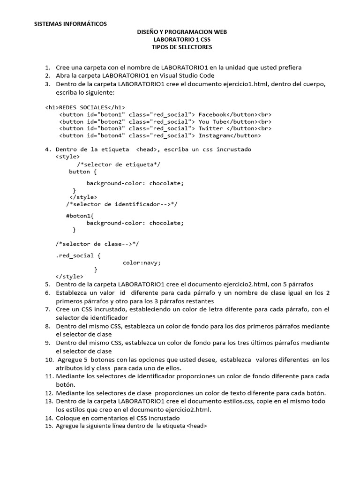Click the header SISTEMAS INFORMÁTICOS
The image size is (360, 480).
click(x=71, y=23)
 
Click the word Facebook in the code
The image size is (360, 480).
click(x=213, y=114)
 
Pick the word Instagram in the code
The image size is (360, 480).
click(x=214, y=135)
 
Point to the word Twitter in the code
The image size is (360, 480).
click(x=211, y=128)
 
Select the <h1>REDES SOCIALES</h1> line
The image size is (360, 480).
click(x=85, y=107)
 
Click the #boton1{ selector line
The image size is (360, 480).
click(x=80, y=216)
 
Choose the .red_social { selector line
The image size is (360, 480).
click(x=78, y=255)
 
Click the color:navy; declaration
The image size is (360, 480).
click(x=142, y=262)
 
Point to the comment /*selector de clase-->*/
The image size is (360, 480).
click(x=97, y=244)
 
